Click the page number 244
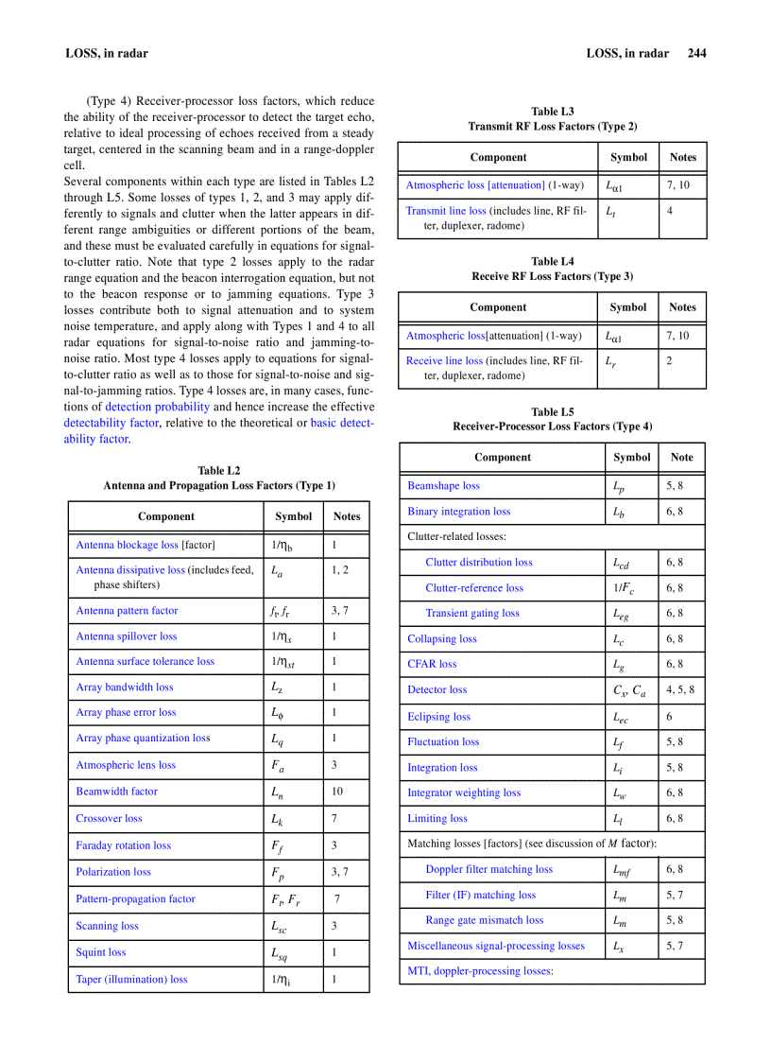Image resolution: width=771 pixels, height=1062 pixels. tap(696, 53)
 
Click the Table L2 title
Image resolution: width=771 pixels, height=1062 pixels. tap(218, 470)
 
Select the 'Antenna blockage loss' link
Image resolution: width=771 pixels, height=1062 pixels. tap(127, 545)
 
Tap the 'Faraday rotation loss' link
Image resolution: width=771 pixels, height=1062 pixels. tap(123, 845)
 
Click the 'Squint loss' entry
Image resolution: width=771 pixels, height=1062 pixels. tap(100, 952)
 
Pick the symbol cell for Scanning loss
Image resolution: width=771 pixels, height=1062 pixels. tap(281, 927)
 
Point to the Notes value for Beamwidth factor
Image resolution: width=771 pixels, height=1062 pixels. tap(337, 792)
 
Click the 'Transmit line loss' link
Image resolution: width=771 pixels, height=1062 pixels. tap(446, 211)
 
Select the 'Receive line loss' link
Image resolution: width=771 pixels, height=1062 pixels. tap(444, 360)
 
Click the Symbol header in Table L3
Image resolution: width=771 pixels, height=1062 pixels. tap(628, 157)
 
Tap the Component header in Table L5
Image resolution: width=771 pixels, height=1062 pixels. tap(502, 457)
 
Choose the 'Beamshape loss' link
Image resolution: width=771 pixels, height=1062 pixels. tap(443, 485)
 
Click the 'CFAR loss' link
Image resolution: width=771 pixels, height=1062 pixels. tap(432, 664)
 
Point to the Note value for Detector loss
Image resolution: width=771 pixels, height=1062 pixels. tap(679, 690)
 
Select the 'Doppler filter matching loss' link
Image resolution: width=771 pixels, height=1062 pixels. tap(488, 869)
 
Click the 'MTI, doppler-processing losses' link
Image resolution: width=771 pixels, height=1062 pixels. tap(480, 970)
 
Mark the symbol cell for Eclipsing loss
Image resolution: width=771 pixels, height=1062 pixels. tap(621, 718)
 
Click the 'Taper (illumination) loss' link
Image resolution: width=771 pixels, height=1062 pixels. tap(131, 980)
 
